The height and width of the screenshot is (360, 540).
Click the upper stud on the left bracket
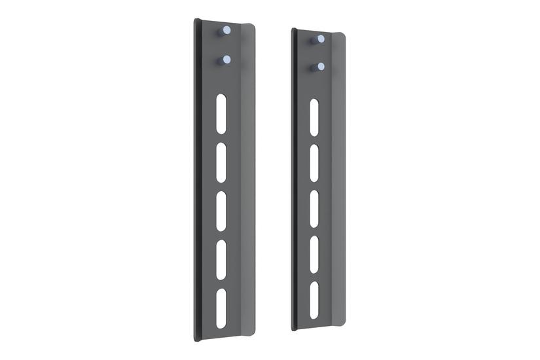pos(226,30)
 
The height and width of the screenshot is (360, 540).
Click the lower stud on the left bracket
pos(226,60)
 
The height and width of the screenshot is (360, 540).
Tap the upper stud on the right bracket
pos(320,39)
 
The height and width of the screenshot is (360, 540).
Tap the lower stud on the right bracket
pos(320,67)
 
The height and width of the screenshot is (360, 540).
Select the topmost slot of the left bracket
pos(222,112)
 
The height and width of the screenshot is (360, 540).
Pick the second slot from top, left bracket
pos(222,161)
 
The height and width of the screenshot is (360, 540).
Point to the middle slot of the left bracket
pos(222,210)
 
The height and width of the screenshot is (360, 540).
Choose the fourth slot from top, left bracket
pos(222,259)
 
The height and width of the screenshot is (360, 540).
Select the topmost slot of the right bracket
pos(314,118)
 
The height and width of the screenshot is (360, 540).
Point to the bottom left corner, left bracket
pos(196,340)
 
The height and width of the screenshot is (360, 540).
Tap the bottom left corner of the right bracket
pos(293,329)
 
